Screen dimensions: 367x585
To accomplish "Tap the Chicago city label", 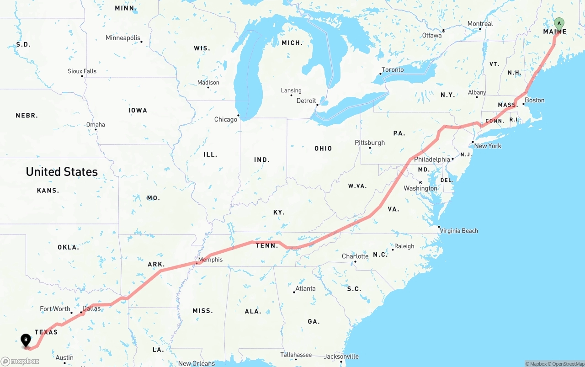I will (226, 119).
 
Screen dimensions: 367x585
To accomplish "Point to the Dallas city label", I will (91, 308).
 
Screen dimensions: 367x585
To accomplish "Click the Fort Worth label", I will (55, 309).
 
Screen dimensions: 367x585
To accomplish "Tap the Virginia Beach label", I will (459, 231).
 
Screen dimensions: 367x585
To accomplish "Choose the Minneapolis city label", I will (123, 38).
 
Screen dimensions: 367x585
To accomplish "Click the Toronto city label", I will (393, 69).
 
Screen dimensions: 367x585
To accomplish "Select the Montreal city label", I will (480, 24).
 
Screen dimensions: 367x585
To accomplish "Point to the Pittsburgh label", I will (370, 143).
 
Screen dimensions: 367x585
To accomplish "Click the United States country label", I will (62, 172).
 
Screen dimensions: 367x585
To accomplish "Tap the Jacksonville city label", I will (341, 356).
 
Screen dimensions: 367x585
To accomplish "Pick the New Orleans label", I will (196, 364).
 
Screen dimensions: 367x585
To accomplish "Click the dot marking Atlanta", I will (294, 292).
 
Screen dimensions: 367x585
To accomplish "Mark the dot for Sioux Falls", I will (82, 76).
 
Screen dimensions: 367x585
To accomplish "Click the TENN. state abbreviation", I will (267, 246).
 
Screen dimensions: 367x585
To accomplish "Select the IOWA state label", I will (138, 110).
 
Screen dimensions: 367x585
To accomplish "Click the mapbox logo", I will (20, 361).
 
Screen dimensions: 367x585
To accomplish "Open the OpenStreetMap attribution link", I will (566, 364).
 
